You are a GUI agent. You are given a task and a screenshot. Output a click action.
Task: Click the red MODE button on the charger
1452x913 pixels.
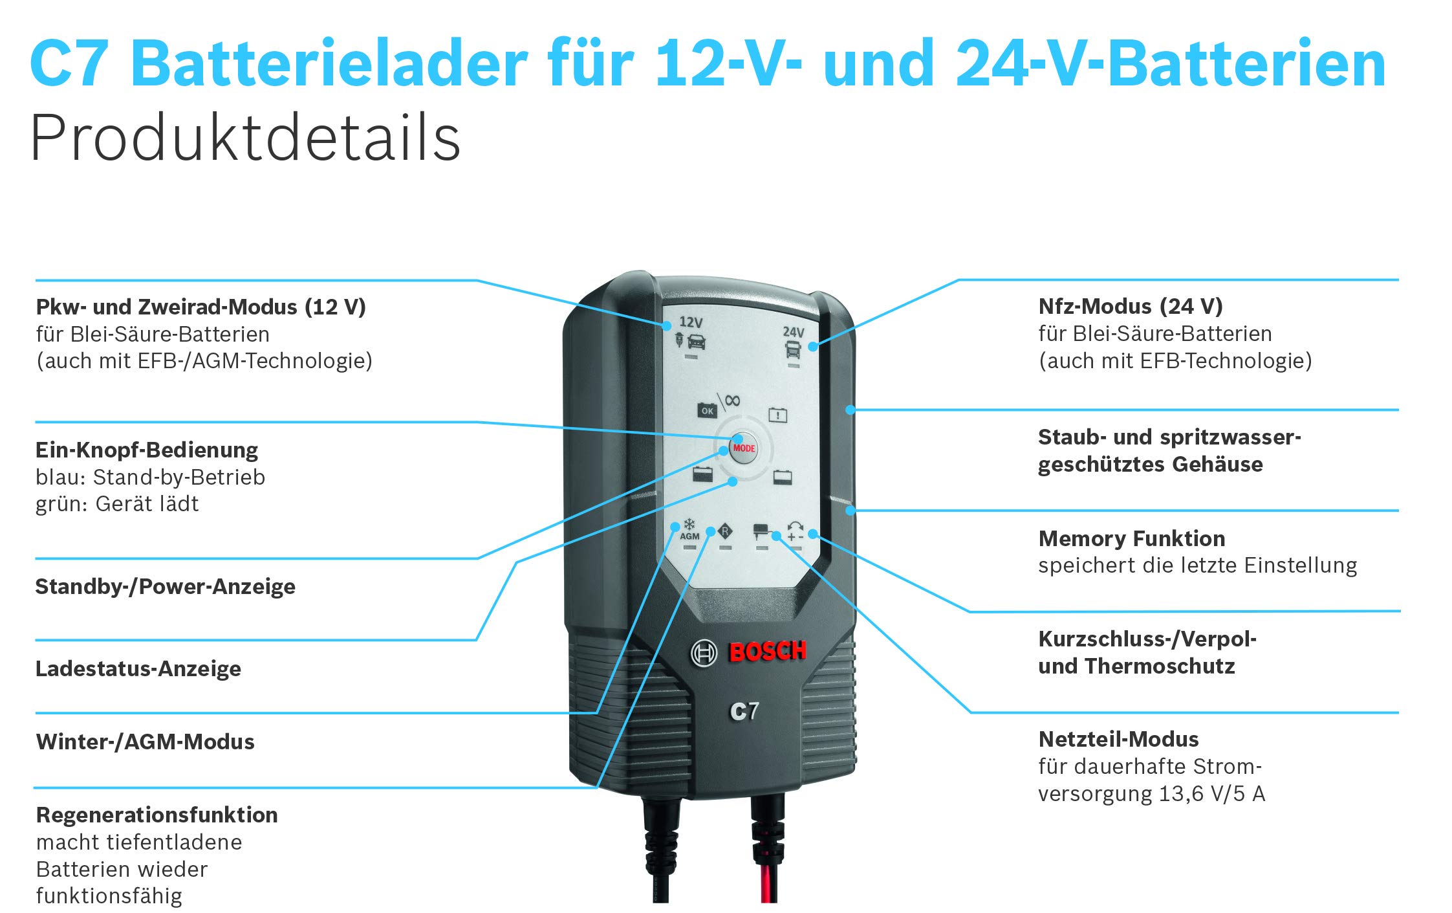(744, 448)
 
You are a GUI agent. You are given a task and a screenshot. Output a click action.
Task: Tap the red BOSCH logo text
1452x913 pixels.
(768, 651)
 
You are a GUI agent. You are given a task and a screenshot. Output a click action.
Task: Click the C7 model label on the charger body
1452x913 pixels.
(744, 711)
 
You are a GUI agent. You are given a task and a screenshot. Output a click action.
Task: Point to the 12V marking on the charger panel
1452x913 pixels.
(691, 322)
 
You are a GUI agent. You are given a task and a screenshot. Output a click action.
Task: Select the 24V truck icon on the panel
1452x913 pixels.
(793, 349)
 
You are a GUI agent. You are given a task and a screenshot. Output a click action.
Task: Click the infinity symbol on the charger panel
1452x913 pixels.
(732, 401)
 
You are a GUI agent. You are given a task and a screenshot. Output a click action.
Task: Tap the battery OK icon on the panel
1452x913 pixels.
(707, 411)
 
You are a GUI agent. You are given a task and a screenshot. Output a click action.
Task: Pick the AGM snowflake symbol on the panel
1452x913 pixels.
(689, 525)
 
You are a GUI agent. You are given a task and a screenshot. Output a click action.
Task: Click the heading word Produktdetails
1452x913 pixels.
(245, 138)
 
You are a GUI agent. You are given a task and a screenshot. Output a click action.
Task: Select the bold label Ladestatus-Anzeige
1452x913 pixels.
(138, 668)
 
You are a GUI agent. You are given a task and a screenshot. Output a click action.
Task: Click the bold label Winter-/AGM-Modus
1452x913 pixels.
(146, 742)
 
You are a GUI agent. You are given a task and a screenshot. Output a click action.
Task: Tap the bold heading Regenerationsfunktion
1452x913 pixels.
(157, 815)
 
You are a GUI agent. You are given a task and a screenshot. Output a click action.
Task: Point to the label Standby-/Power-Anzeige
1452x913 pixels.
(166, 586)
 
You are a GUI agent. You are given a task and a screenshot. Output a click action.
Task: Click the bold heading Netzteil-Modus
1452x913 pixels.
(1118, 739)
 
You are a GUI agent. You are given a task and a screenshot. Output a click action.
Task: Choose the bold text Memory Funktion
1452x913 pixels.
(1132, 538)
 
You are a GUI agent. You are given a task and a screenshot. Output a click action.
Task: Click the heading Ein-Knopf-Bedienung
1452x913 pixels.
(147, 450)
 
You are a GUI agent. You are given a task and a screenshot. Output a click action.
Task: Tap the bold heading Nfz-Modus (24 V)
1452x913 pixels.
(1131, 306)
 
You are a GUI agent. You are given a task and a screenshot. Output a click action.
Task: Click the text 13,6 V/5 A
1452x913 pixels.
(1211, 793)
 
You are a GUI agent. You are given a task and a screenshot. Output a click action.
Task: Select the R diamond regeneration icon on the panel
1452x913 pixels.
(726, 533)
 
